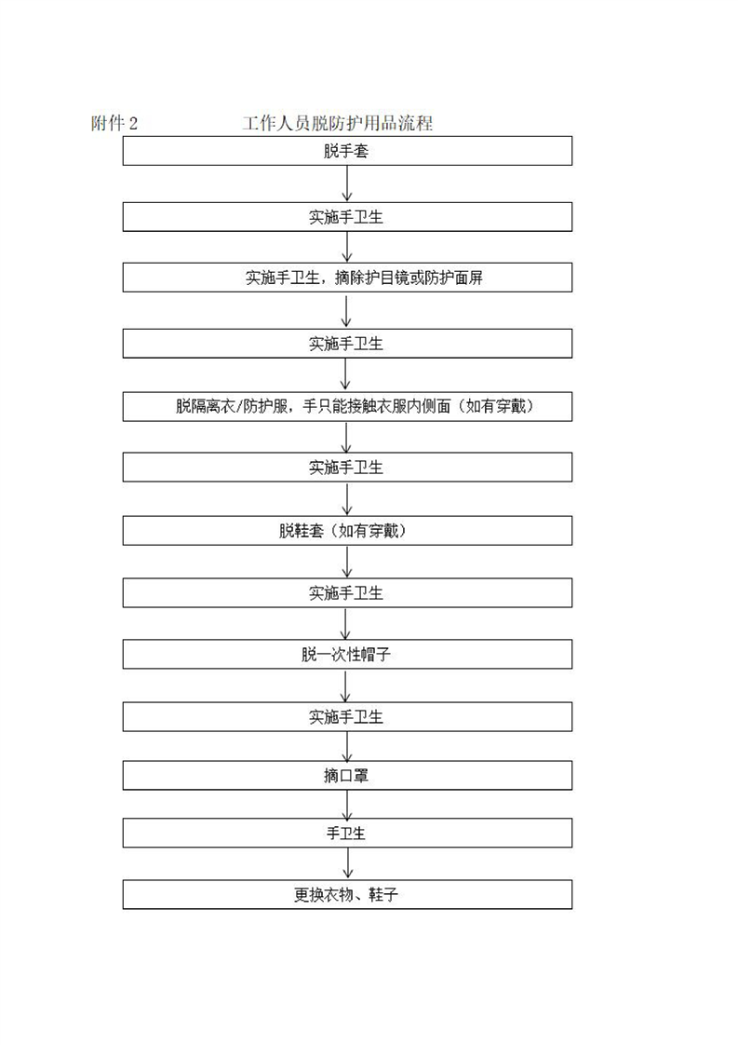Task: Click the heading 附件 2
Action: pos(114,123)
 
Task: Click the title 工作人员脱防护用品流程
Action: pos(338,123)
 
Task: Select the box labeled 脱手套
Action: pos(347,151)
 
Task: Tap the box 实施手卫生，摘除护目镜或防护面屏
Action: pos(347,278)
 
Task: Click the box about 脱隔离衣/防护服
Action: pos(347,406)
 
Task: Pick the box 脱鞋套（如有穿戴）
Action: pos(347,531)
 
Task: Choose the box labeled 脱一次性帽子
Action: pos(347,655)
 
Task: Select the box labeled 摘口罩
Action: pos(347,776)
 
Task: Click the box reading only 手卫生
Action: pos(347,833)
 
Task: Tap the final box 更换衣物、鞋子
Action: pos(347,894)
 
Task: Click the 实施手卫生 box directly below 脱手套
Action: pos(347,217)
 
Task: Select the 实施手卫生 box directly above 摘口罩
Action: pos(347,717)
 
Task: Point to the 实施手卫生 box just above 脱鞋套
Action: pos(347,468)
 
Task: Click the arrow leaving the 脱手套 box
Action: pos(347,183)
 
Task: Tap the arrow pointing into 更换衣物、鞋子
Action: pos(347,863)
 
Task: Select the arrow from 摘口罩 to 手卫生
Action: pos(347,805)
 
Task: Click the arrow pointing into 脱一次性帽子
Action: pos(345,623)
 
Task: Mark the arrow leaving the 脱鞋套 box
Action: pos(347,562)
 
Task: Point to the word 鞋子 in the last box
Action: pos(383,894)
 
